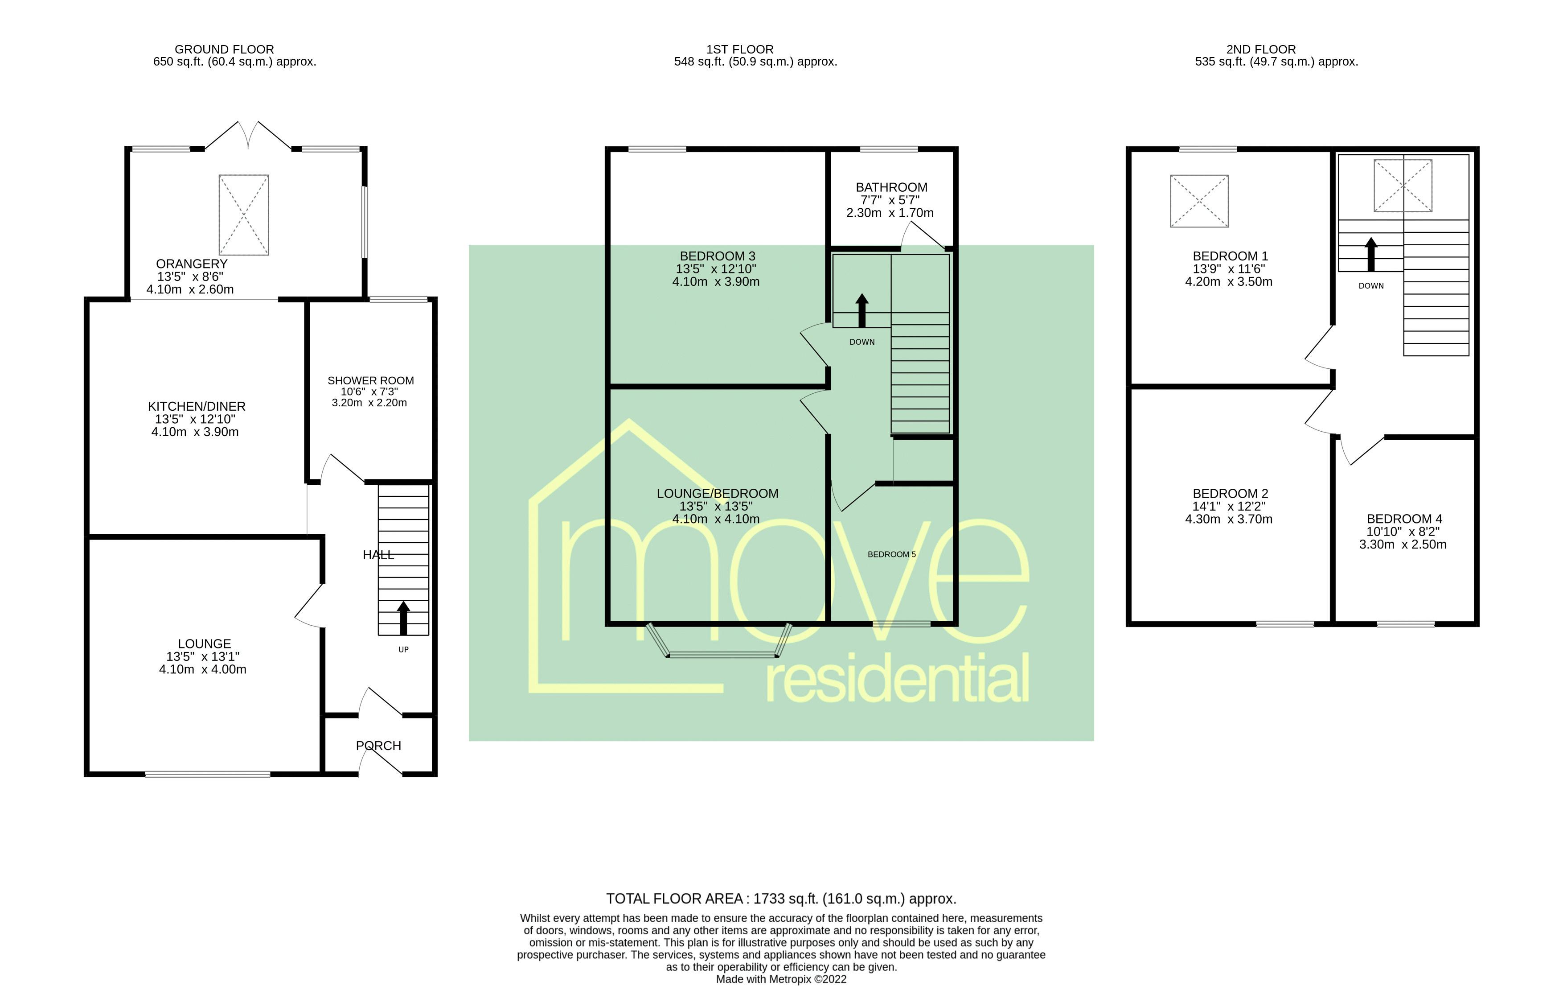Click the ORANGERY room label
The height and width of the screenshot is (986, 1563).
[x=192, y=264]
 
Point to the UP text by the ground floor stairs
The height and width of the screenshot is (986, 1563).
[x=403, y=650]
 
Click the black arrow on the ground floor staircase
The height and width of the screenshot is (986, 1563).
[x=403, y=618]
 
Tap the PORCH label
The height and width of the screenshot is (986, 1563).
[x=378, y=746]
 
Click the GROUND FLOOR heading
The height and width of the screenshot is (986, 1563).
[x=224, y=50]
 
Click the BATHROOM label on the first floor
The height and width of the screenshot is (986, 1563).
[x=891, y=187]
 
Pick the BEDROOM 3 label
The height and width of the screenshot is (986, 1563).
[x=717, y=256]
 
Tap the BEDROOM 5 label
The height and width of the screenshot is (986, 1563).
[x=891, y=554]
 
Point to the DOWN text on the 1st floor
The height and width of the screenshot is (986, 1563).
[x=862, y=342]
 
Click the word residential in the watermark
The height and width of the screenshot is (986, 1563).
[x=897, y=679]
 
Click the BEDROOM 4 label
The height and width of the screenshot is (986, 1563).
[x=1404, y=519]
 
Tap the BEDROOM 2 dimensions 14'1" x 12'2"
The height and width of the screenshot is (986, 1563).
[x=1229, y=506]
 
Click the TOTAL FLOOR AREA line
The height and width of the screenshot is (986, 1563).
[x=781, y=899]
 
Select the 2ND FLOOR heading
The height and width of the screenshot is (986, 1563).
[x=1260, y=50]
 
